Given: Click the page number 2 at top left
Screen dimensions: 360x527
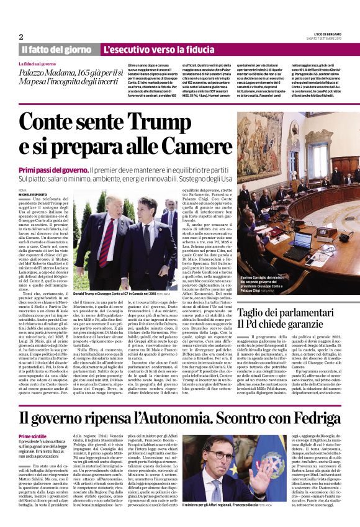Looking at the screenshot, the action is point(20,36).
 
